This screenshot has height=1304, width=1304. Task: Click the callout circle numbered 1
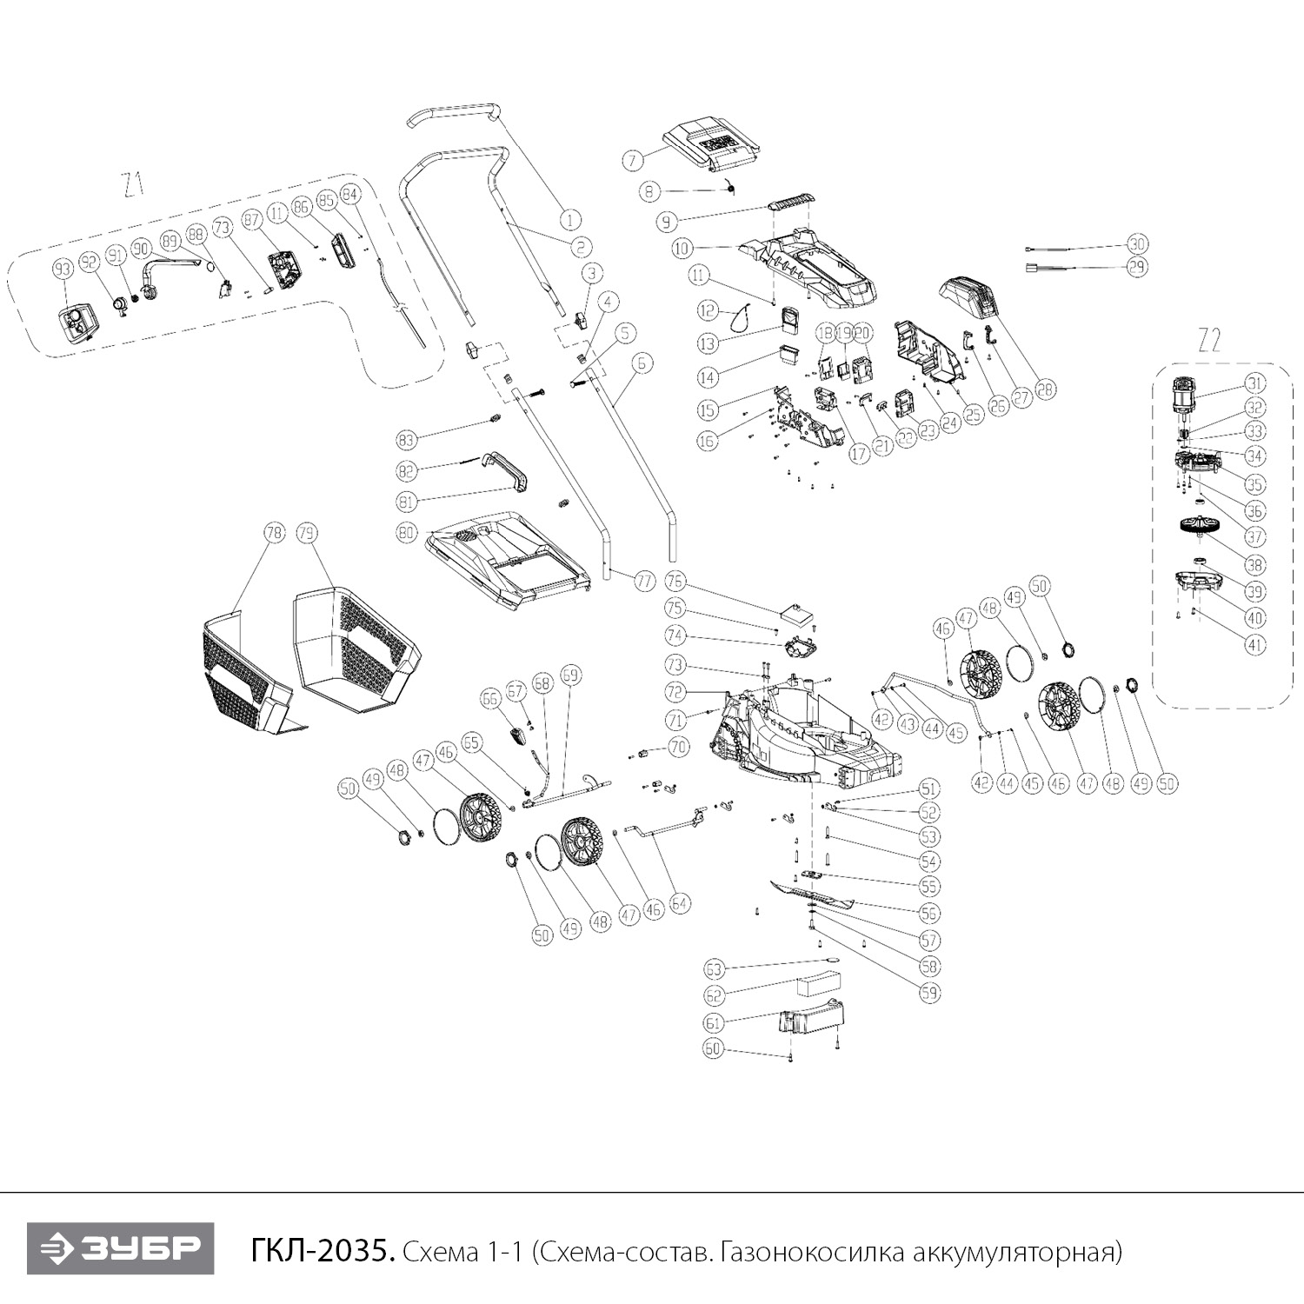570,220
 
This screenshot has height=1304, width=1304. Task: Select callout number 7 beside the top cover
633,160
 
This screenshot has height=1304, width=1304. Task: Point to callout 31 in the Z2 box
1254,383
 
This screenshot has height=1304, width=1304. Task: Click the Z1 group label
132,185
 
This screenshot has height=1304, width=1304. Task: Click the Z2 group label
1209,342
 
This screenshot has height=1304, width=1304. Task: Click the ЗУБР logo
120,1248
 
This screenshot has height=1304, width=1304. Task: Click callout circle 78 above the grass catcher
275,533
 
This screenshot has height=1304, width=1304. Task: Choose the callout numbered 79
305,533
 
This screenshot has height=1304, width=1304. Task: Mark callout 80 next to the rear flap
407,532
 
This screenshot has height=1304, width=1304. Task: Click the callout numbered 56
929,913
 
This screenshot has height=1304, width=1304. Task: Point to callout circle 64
680,905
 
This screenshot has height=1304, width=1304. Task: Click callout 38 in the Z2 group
1254,564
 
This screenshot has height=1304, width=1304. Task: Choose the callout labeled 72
675,692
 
